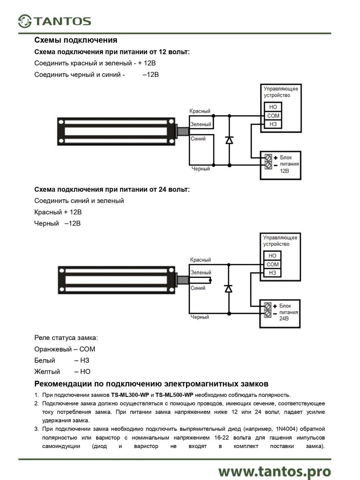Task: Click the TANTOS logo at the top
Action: pos(55,21)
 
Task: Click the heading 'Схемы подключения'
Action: pos(76,40)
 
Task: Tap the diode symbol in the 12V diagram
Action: pos(229,140)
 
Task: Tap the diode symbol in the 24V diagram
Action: pos(229,288)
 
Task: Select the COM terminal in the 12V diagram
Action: pos(273,116)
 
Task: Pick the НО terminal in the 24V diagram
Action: pos(272,256)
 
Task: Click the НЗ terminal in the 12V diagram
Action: pos(273,124)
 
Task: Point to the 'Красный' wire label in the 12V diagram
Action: pos(200,111)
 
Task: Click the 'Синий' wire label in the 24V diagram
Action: pos(198,288)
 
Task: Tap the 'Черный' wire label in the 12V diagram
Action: pos(200,169)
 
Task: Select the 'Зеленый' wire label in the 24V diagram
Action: pos(200,273)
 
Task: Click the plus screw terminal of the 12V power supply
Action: pos(268,158)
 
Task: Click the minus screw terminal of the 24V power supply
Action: pos(268,313)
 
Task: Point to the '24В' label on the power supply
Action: pos(284,319)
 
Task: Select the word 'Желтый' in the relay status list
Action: pos(47,372)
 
